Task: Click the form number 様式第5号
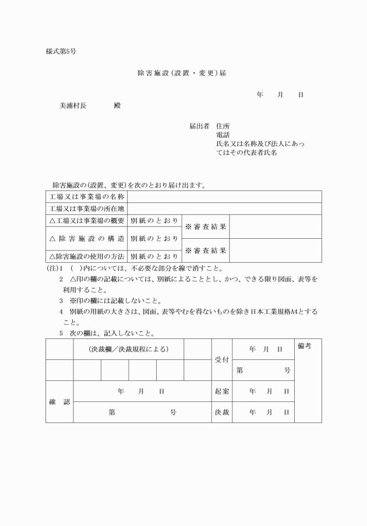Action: pos(61,51)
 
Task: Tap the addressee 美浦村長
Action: pos(73,106)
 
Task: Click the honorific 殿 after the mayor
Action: pos(117,106)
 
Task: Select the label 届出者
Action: pos(199,126)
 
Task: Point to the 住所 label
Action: pos(223,126)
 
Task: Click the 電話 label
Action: pos(223,135)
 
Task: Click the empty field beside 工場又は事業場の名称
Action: pos(224,196)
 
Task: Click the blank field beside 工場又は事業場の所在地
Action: pos(224,209)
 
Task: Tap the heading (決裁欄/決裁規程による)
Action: pos(128,350)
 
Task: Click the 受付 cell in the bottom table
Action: pos(221,360)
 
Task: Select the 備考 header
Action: pos(304,347)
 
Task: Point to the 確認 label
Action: pos(59,402)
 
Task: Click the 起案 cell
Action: pos(221,391)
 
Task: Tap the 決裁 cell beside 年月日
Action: pos(221,412)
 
